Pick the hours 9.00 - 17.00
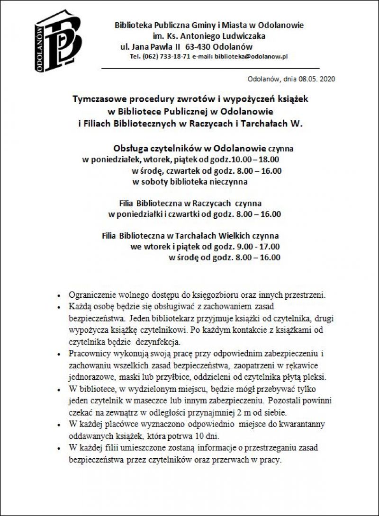coord(261,247)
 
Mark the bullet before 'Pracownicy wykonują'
coord(58,354)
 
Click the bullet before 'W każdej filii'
coord(58,448)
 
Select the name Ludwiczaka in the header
coord(245,36)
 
